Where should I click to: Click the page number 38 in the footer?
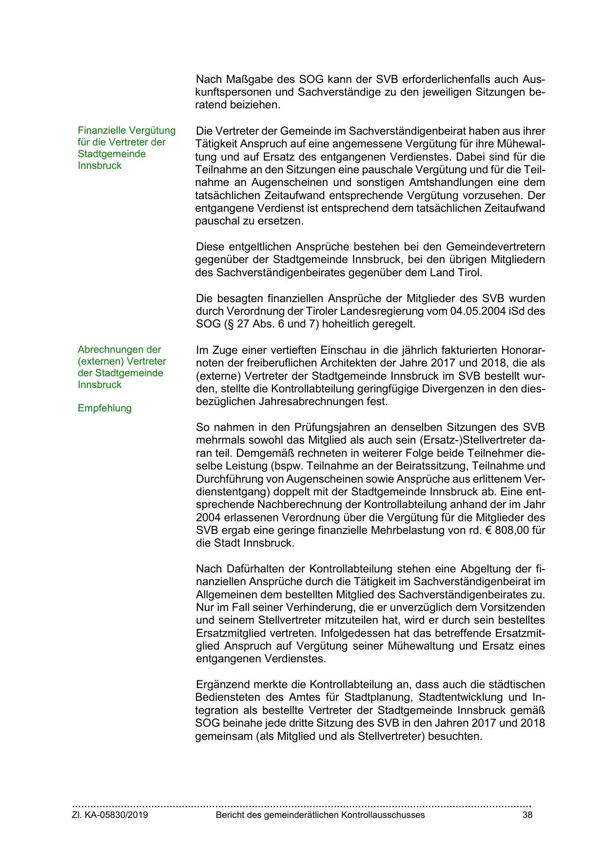(x=527, y=815)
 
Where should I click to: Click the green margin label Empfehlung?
(x=104, y=408)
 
